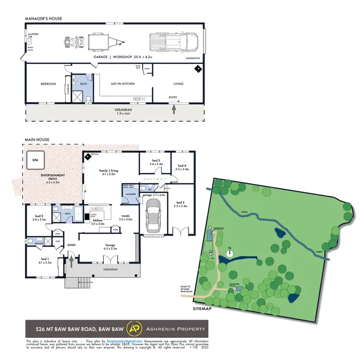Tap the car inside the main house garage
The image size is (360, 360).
[x=153, y=216]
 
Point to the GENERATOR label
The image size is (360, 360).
[x=192, y=58]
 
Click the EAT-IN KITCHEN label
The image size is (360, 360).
[x=123, y=84]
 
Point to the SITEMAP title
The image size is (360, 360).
[x=202, y=309]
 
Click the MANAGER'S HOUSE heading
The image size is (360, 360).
[x=44, y=19]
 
